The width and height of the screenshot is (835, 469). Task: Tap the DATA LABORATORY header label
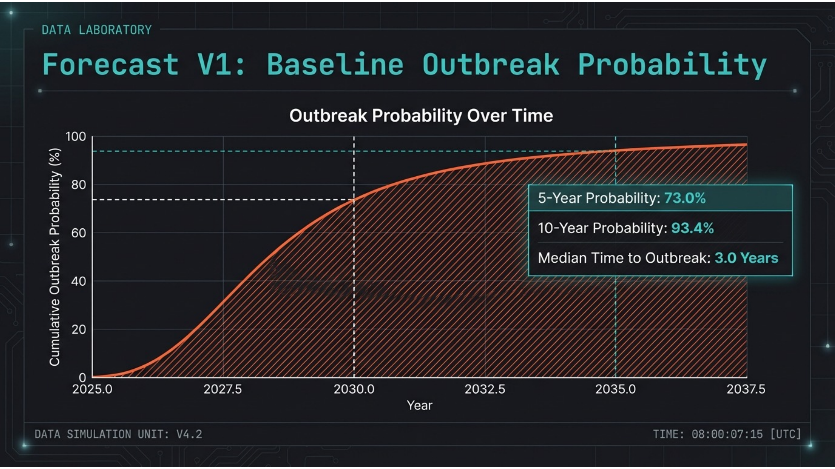[x=97, y=30]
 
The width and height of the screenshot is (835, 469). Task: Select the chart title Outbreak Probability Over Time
[x=421, y=116]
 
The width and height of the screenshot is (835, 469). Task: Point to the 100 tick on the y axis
[x=76, y=136]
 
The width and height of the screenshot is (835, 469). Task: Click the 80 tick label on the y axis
[x=78, y=185]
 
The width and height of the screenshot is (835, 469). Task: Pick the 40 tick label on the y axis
[x=78, y=281]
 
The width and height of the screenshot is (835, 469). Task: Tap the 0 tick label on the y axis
[x=82, y=377]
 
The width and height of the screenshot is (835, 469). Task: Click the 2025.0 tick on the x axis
[x=92, y=389]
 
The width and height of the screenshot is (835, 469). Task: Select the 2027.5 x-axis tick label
[x=223, y=389]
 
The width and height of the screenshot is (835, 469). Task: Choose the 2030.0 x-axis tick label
[x=354, y=389]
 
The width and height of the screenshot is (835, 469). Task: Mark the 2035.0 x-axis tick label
[x=615, y=389]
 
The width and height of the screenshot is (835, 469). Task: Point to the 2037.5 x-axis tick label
[x=746, y=389]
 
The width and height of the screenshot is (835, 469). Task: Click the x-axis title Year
[x=419, y=405]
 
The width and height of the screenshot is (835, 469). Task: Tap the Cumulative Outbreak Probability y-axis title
[x=54, y=257]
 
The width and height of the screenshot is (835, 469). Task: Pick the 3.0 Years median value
[x=746, y=258]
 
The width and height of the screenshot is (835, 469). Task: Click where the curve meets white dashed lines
[x=354, y=200]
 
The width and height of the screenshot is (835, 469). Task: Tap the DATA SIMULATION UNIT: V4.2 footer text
[x=118, y=434]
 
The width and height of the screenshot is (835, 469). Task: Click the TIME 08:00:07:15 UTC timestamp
[x=727, y=434]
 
